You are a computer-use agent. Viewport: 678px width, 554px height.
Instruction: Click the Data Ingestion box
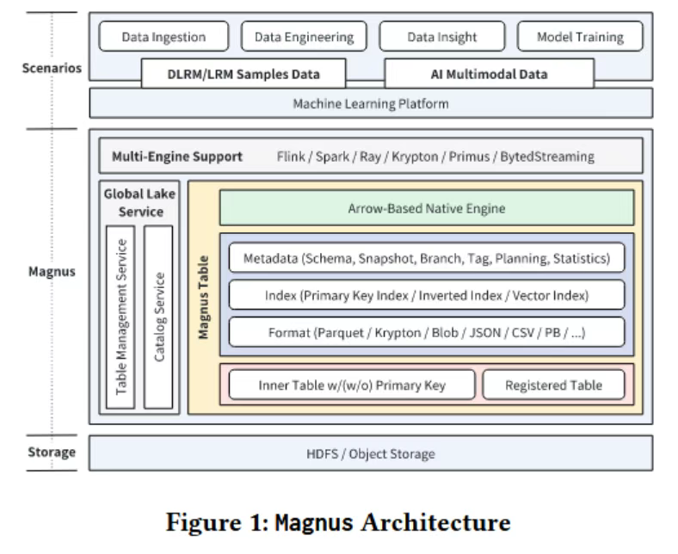[163, 37]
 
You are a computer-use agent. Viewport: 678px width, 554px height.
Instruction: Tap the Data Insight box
[441, 37]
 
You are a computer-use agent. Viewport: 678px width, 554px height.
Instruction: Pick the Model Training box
[579, 37]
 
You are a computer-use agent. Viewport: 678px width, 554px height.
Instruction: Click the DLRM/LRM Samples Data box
[243, 74]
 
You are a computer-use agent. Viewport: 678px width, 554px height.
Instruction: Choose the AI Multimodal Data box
[488, 74]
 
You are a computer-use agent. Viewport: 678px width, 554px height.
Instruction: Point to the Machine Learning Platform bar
[371, 104]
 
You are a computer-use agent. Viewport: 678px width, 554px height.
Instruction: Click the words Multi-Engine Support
[177, 157]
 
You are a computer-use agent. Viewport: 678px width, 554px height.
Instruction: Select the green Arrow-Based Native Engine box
[426, 208]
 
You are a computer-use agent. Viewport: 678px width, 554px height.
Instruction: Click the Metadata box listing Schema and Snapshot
[426, 258]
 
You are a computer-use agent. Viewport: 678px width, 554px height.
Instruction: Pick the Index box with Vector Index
[426, 295]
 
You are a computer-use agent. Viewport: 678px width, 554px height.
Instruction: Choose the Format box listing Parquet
[426, 331]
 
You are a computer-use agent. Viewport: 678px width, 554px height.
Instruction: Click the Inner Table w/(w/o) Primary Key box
[352, 385]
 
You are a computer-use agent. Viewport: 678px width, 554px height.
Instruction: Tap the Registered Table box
[552, 385]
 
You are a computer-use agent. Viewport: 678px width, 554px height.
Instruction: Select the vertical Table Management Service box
[121, 317]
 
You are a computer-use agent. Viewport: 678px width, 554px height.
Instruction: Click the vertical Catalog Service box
[159, 317]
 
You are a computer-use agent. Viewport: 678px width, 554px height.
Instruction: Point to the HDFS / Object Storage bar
[371, 453]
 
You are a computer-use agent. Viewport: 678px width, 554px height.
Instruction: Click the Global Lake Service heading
[139, 203]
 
